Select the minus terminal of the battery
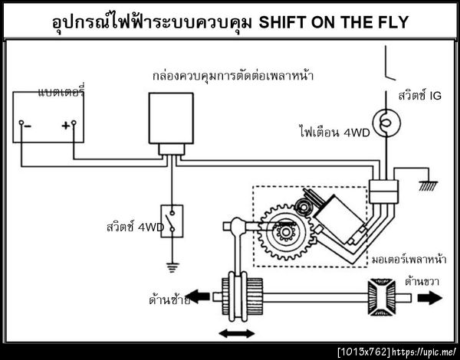point(24,125)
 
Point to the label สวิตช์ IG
point(420,96)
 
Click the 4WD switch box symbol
point(172,221)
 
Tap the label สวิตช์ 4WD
point(133,227)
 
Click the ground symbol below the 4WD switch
point(172,266)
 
